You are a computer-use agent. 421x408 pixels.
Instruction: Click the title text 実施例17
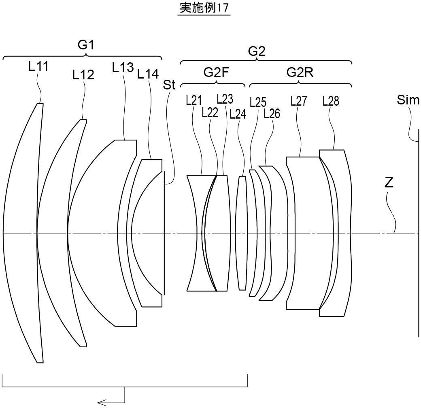tap(204, 8)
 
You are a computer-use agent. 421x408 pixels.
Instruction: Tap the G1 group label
tap(86, 45)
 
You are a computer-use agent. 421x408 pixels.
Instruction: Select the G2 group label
tap(257, 51)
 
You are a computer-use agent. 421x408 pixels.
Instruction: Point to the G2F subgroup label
tap(216, 72)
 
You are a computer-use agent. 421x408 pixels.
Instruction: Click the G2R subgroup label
tap(300, 72)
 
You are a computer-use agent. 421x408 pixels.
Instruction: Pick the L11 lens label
tap(38, 66)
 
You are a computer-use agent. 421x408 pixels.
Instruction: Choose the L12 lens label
tap(83, 74)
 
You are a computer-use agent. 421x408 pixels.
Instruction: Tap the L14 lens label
tap(148, 74)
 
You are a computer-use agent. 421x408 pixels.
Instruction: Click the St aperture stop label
tap(169, 85)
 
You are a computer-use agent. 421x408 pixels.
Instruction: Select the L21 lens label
tap(194, 100)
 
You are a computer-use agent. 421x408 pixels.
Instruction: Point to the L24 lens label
tap(238, 114)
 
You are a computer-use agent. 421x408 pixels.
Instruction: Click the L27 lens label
tap(299, 101)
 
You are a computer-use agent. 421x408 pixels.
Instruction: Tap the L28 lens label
tap(331, 101)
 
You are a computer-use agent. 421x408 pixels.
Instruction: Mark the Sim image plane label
tap(408, 100)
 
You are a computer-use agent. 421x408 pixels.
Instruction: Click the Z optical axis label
tap(389, 183)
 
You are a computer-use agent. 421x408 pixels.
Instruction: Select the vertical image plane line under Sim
tap(419, 243)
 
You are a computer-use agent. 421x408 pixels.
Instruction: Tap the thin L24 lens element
tap(242, 233)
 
